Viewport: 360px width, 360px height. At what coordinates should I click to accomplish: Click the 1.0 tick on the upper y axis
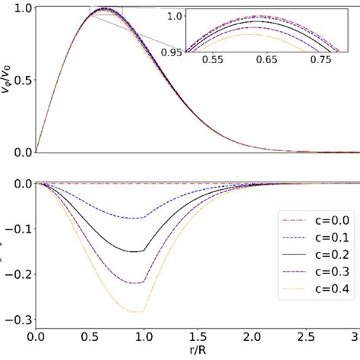(x=21, y=8)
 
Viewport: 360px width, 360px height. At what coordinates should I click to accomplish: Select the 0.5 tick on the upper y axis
(x=21, y=81)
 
